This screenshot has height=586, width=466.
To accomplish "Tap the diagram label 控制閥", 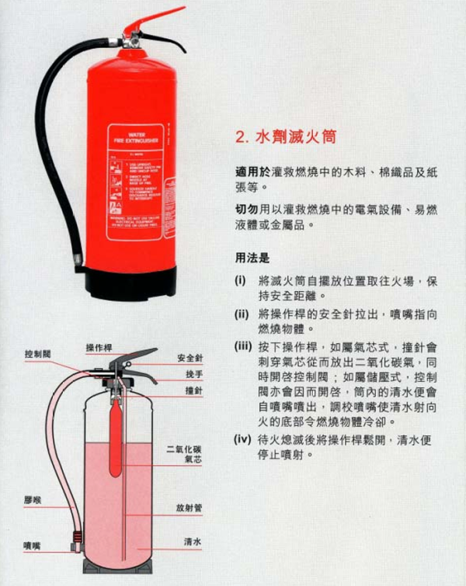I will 37,354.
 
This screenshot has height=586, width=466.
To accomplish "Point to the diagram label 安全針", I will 190,359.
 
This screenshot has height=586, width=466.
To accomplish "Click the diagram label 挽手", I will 193,374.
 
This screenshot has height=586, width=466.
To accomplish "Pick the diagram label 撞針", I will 193,392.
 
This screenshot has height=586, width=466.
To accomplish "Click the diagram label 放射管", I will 189,508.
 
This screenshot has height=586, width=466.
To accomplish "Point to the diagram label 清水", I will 193,541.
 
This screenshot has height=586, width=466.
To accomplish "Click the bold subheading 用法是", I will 257,256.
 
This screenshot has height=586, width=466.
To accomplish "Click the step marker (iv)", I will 242,439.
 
